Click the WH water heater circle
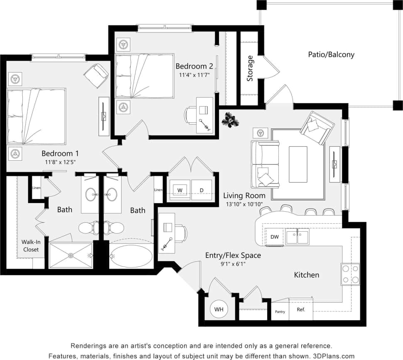tap(219, 309)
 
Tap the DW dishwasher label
tap(275, 237)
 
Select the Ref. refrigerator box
tap(301, 309)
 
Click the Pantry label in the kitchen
tap(280, 311)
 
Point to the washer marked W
tap(179, 190)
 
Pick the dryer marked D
tap(201, 190)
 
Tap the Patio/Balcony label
tap(331, 54)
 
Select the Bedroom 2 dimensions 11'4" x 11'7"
tap(194, 75)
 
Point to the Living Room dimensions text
tap(244, 204)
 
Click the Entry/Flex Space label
tap(233, 255)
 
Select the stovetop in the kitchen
tap(350, 274)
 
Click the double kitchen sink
tap(297, 237)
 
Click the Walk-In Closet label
tap(31, 245)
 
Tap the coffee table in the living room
tap(298, 158)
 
